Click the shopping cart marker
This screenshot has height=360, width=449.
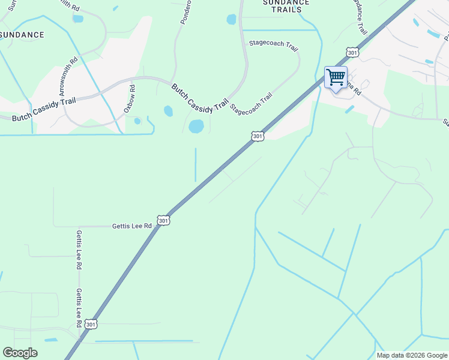[336, 77]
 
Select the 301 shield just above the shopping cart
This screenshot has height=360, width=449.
[352, 53]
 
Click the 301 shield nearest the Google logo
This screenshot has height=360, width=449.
[90, 324]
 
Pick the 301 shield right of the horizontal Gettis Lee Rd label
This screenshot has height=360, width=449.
[164, 221]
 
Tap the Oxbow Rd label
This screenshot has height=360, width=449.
[130, 100]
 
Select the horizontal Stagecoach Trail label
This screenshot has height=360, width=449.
[273, 45]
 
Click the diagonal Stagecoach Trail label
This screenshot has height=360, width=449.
[251, 104]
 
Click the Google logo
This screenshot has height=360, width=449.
[20, 353]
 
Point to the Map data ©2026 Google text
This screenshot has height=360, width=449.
[411, 355]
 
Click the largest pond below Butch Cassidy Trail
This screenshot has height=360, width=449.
[196, 126]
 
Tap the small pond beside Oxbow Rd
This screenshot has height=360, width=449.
[137, 121]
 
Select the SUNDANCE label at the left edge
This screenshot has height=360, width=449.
[22, 35]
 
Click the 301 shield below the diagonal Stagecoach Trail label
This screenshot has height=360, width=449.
[258, 137]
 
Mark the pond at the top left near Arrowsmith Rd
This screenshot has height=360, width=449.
[78, 19]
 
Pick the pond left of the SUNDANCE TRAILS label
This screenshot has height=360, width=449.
[232, 19]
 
